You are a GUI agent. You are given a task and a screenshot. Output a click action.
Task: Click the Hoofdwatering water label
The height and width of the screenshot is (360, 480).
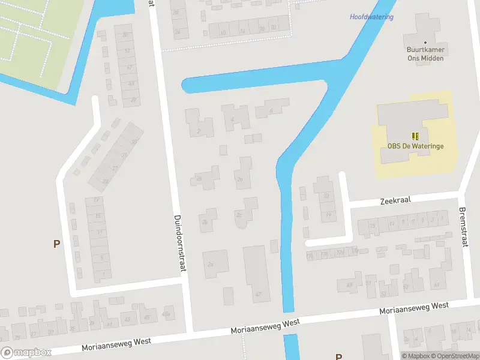click(371, 17)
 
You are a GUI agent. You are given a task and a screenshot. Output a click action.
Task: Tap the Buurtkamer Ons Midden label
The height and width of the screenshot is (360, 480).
click(425, 53)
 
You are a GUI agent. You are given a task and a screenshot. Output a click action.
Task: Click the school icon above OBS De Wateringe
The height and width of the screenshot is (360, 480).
click(415, 137)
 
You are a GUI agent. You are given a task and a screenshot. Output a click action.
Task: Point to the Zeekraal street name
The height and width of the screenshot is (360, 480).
click(395, 200)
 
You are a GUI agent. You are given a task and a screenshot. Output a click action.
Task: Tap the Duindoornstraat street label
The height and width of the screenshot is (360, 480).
click(179, 244)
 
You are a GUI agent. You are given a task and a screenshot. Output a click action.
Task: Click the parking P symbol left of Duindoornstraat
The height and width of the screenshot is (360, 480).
click(57, 244)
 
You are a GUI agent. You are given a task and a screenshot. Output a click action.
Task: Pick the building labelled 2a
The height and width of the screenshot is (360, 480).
click(210, 264)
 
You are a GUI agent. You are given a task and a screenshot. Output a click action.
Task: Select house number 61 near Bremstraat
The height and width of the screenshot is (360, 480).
click(436, 284)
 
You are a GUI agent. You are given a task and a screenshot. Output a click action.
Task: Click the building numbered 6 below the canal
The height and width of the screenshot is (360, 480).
click(271, 110)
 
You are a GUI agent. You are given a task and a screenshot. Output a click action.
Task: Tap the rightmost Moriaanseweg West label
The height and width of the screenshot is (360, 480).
click(414, 308)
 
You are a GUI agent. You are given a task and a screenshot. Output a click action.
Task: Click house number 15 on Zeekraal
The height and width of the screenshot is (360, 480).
click(373, 226)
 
